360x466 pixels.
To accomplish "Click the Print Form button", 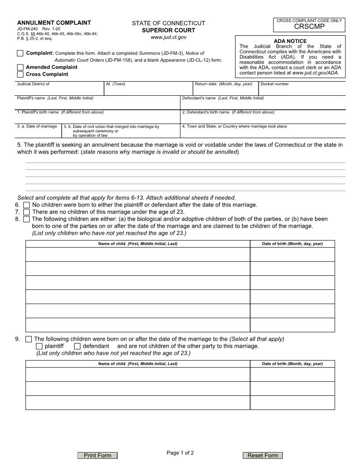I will coord(97,455).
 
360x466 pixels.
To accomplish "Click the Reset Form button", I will coord(262,455).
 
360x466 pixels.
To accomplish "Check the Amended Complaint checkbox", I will coord(20,67).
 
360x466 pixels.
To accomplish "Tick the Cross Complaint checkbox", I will coord(20,74).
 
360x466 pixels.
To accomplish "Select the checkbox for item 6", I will coord(26,205).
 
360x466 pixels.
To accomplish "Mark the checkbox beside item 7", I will coord(26,212).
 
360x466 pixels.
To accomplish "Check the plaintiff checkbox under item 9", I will coord(39,346).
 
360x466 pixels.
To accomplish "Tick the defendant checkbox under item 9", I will coord(77,346).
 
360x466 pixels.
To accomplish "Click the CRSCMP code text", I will coord(309,26).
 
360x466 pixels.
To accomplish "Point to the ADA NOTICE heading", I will coord(290,41).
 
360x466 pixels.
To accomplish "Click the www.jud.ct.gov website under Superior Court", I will coord(169,38).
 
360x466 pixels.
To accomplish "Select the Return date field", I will coord(225,90).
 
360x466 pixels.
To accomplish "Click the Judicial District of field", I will coord(60,90).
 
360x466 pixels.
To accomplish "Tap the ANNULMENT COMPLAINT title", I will coord(54,23).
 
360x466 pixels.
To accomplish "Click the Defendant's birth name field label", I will coord(228,112).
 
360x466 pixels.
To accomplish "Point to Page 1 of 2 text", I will coord(180,453).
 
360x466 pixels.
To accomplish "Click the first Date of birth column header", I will coord(292,244).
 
